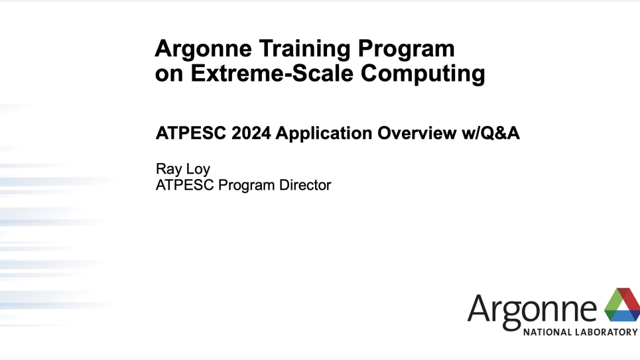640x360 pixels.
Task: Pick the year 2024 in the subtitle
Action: pos(251,133)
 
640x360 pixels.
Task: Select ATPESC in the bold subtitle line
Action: pos(190,133)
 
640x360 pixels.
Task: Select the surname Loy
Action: pos(198,170)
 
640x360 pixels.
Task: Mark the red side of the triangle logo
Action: pos(631,302)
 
